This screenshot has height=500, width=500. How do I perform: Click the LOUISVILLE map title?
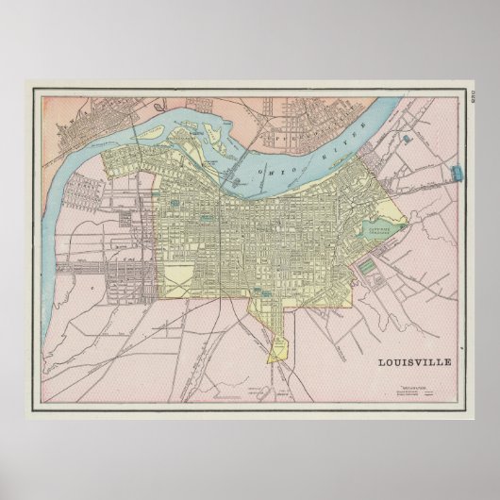416,360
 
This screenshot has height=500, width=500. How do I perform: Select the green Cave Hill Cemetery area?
380,228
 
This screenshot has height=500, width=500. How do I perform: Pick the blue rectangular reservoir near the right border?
459,171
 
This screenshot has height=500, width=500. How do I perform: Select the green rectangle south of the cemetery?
367,275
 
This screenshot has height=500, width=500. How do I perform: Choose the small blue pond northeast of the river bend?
406,139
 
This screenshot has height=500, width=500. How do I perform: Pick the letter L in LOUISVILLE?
381,360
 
